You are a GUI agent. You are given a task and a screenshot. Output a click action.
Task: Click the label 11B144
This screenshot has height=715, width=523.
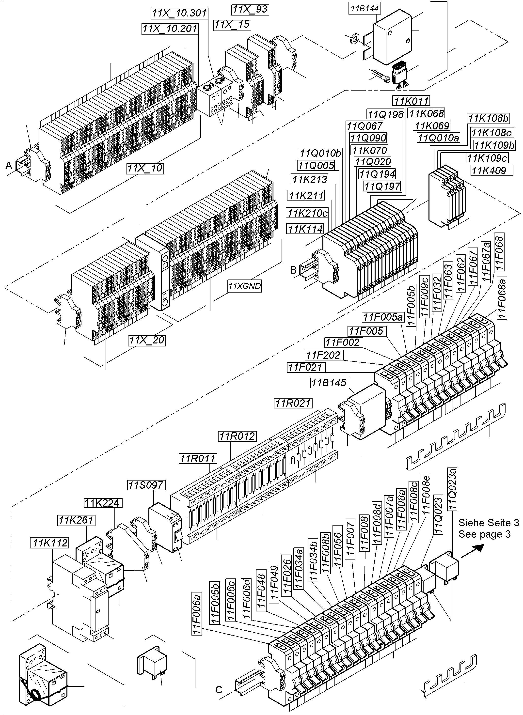(x=365, y=9)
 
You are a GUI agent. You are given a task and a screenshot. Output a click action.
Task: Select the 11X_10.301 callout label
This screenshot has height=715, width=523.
(x=179, y=13)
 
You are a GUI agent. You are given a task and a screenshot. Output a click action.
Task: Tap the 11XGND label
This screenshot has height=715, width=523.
(x=245, y=286)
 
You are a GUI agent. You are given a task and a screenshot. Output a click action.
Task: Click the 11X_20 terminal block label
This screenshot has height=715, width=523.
(x=147, y=340)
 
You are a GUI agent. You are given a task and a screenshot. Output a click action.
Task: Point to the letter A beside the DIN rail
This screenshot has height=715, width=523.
(x=9, y=165)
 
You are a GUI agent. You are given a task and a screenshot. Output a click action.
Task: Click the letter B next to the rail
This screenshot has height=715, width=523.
(x=293, y=270)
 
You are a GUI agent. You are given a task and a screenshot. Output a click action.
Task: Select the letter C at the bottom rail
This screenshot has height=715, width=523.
(x=219, y=690)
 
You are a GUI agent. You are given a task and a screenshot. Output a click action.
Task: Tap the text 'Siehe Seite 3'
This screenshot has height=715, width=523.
(x=489, y=523)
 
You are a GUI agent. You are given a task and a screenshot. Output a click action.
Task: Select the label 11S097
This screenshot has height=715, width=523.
(x=146, y=485)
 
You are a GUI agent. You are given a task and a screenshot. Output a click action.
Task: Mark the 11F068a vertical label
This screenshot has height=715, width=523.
(x=502, y=297)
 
